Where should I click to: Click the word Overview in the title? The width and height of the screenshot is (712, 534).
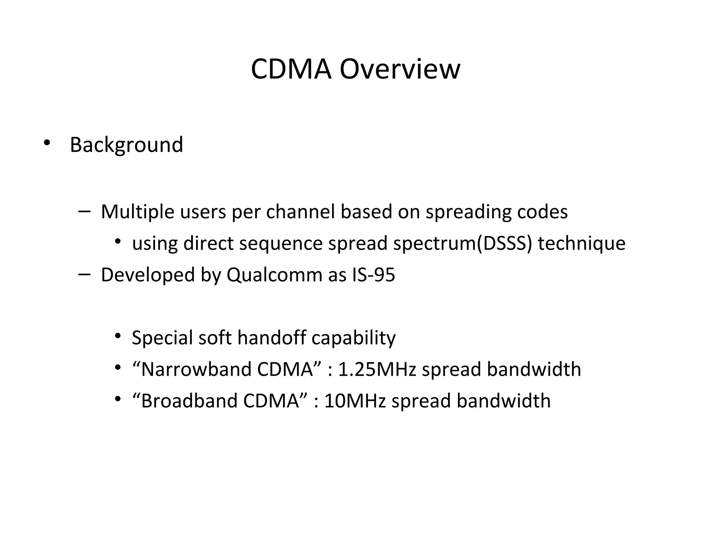pos(399,69)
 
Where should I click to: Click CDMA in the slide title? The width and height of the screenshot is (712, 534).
pos(291,69)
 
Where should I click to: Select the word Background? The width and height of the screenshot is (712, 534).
pos(126,145)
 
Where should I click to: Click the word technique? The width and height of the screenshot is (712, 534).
pos(582,243)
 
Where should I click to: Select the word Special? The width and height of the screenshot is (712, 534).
pos(162,338)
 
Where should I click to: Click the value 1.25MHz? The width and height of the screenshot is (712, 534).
pos(377,369)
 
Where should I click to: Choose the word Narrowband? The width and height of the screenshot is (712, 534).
pos(196,369)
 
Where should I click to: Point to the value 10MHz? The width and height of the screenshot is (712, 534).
pos(355,401)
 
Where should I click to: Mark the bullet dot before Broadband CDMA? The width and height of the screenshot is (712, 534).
pos(118,399)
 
